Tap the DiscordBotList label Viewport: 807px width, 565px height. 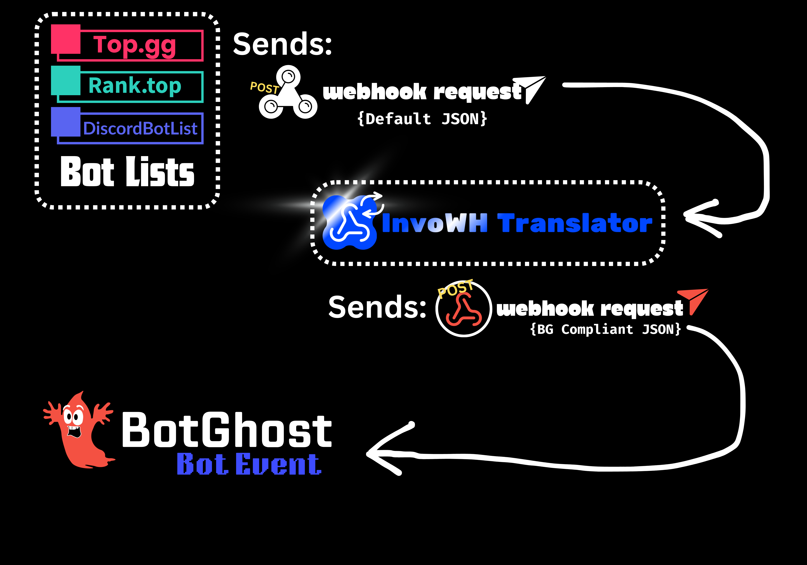coord(140,128)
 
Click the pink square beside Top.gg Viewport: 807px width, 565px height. coord(66,39)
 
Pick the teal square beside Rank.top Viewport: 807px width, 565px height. coord(66,80)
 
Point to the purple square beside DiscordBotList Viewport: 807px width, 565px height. coord(66,122)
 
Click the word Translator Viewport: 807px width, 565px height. coord(575,223)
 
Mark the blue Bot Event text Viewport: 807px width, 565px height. coord(249,464)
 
